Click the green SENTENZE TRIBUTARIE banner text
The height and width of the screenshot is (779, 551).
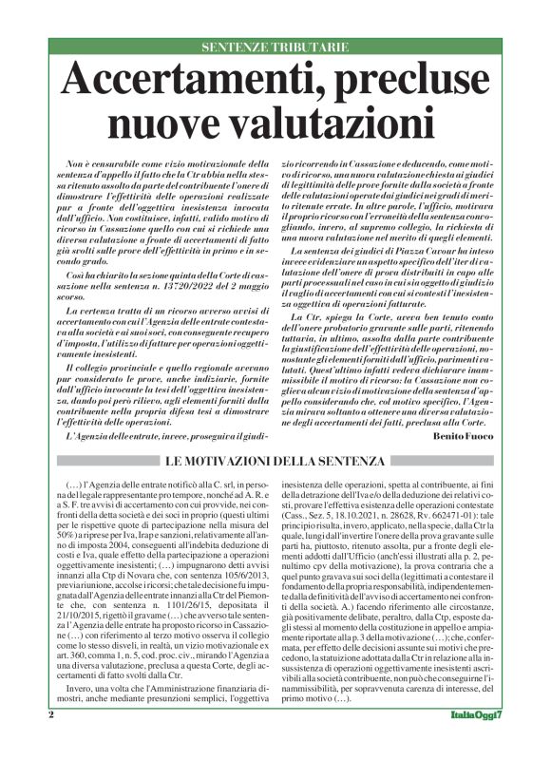tap(275, 47)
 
